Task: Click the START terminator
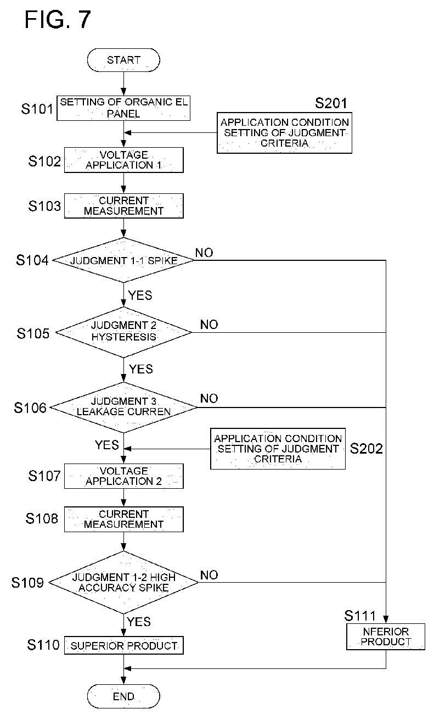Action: [123, 60]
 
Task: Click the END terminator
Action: [123, 696]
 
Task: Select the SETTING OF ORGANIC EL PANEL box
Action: [123, 108]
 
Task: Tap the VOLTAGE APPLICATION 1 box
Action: [124, 160]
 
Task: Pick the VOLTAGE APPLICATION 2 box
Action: [124, 476]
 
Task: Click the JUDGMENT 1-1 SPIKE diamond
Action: [123, 260]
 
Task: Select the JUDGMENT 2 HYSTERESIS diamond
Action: [123, 332]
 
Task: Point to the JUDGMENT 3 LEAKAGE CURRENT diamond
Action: [123, 408]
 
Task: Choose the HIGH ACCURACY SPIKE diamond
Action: [123, 583]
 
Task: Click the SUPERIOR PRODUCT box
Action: [124, 645]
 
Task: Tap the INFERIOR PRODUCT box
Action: [386, 637]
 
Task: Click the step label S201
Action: [331, 103]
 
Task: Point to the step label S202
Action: [367, 449]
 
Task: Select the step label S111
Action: [360, 616]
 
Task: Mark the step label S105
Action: [33, 334]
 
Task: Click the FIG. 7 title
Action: [58, 20]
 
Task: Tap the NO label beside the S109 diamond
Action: [209, 575]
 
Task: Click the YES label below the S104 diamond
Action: [140, 295]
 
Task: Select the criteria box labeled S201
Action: [284, 133]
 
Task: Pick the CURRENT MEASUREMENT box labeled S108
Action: [124, 519]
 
